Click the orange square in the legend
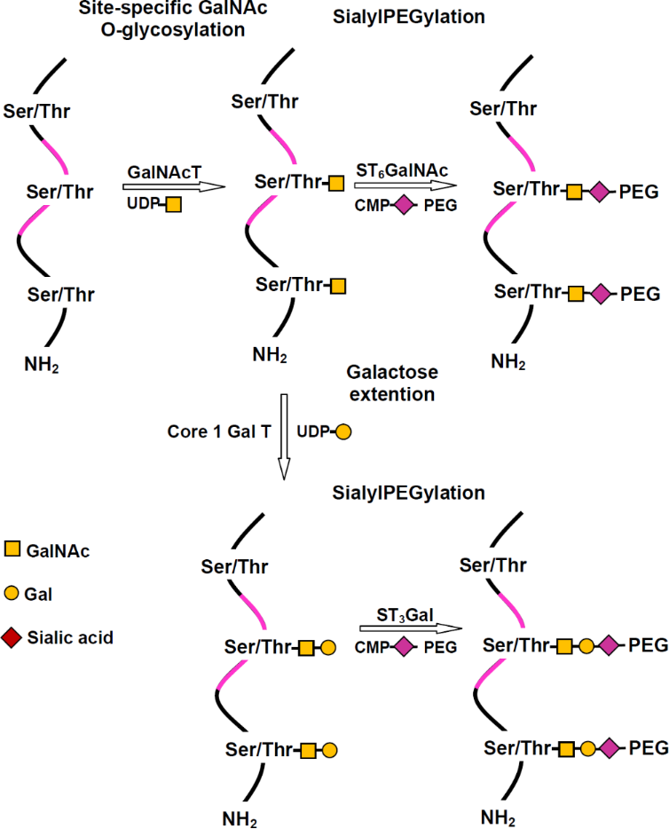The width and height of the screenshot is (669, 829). pyautogui.click(x=13, y=550)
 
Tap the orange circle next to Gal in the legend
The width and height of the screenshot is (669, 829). pyautogui.click(x=13, y=593)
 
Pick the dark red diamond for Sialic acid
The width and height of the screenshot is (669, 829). pyautogui.click(x=13, y=636)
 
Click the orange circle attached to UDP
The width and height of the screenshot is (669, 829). pyautogui.click(x=343, y=433)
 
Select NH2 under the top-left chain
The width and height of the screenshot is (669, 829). pyautogui.click(x=43, y=362)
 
